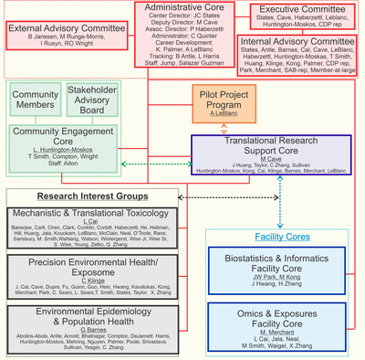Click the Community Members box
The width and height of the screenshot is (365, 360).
click(35, 101)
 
